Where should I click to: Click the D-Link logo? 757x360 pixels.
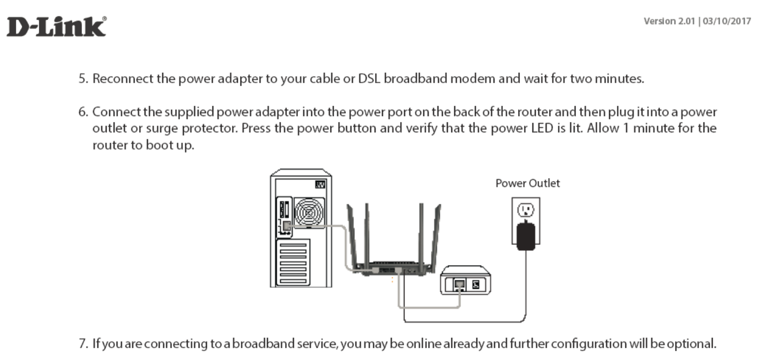pos(56,27)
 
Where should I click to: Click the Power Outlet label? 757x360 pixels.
pos(527,183)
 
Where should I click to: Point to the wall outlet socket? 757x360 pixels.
pos(525,210)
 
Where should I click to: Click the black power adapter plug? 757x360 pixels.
pos(525,235)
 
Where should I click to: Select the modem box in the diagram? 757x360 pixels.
pos(465,280)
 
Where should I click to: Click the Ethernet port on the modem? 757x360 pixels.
pos(459,285)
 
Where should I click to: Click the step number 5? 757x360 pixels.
pos(83,79)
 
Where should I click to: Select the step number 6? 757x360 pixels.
pos(83,112)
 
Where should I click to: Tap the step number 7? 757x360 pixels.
pos(83,343)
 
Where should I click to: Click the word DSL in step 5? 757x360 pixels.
pos(369,79)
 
